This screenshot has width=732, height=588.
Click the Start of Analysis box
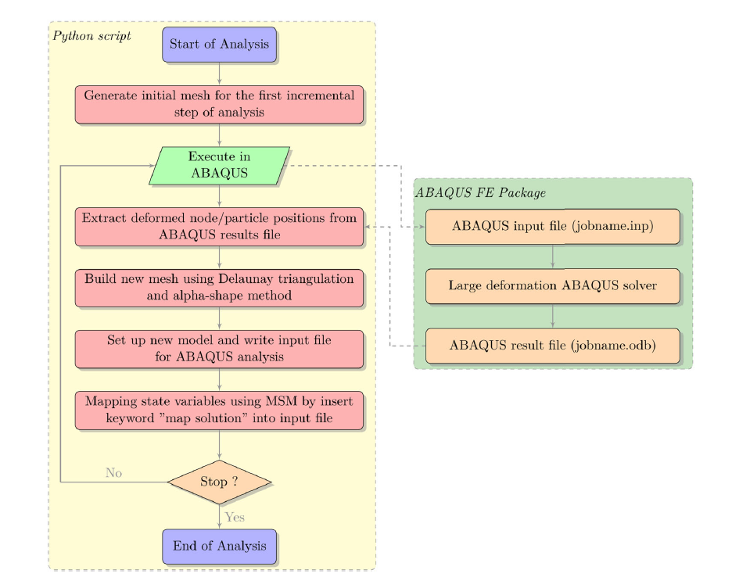(219, 44)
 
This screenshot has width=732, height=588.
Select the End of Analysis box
(219, 546)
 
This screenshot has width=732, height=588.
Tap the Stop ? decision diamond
(219, 482)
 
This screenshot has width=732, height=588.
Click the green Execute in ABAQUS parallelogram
(219, 165)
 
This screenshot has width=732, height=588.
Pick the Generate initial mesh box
(219, 104)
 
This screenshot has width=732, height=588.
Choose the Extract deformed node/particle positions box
(219, 226)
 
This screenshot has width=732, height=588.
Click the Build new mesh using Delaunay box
(219, 287)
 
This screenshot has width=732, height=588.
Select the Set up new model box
(219, 349)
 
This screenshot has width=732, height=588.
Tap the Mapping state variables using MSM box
(219, 410)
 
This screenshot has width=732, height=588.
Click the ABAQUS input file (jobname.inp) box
(552, 226)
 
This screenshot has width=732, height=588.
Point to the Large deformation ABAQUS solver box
(552, 285)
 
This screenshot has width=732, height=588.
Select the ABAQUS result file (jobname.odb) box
(552, 345)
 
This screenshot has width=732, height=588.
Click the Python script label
(91, 36)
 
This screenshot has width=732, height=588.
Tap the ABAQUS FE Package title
(479, 192)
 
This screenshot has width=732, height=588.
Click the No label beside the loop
(113, 473)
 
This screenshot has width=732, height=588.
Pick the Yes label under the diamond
(235, 517)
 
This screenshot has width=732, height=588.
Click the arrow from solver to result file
(553, 315)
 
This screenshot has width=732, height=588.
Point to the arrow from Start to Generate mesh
(220, 73)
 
